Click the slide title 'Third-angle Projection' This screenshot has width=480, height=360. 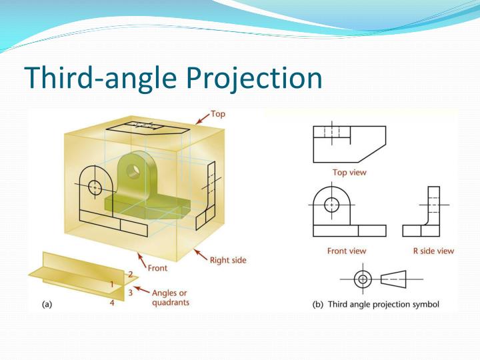173,78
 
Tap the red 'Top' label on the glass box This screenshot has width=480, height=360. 218,114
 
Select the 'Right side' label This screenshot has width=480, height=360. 228,260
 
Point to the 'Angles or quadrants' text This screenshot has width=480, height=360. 171,297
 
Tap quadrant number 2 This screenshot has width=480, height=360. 131,274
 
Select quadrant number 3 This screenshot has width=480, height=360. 131,292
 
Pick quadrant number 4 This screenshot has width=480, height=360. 113,303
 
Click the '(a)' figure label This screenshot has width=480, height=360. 47,304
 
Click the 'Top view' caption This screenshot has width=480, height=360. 349,172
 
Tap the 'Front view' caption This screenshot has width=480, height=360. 346,251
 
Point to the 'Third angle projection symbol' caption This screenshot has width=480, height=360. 376,304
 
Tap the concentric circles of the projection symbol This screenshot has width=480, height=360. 363,279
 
